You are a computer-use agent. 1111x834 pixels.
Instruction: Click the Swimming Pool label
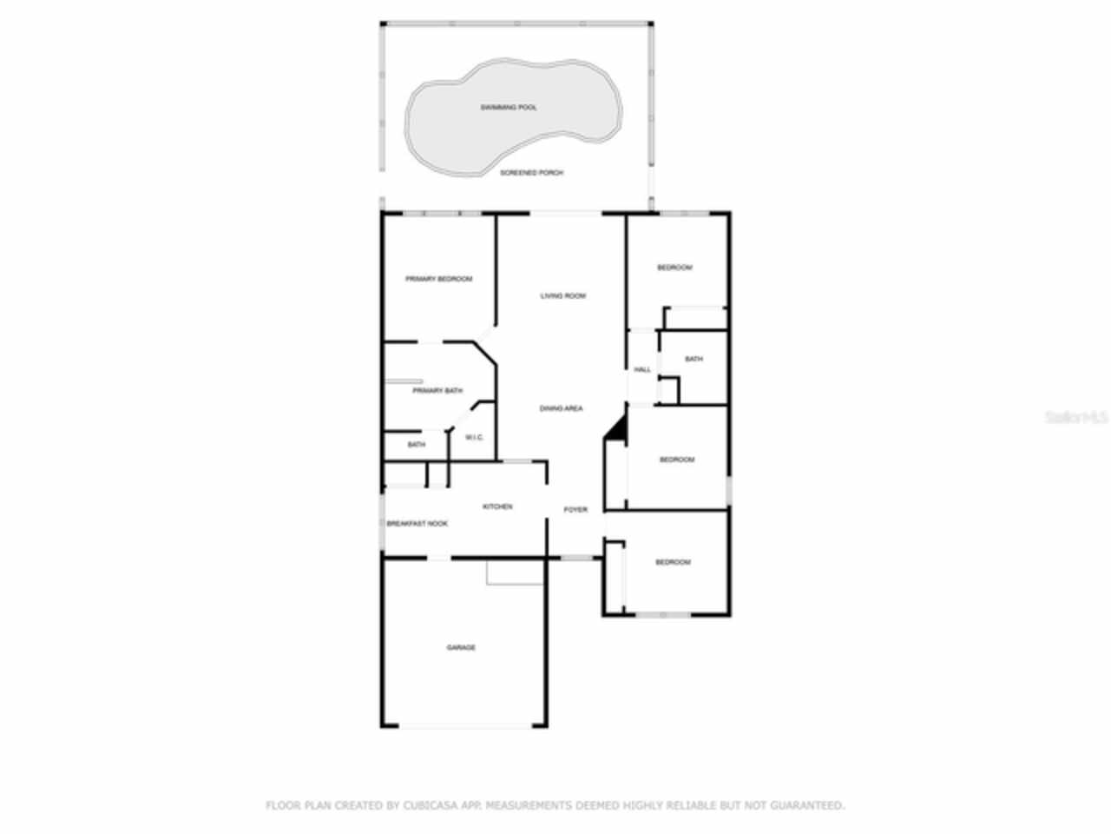tap(509, 108)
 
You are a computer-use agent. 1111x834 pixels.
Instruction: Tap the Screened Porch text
tap(532, 173)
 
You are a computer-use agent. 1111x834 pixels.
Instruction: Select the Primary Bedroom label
tap(439, 279)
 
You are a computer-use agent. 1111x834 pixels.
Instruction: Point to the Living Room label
tap(563, 296)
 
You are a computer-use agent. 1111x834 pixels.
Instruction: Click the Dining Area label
tap(562, 408)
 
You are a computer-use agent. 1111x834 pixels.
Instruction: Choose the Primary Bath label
tap(437, 391)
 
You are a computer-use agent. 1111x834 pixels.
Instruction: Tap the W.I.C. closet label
tap(474, 437)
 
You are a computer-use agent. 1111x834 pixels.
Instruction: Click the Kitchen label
tap(497, 506)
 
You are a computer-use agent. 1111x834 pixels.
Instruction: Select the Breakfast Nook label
tap(417, 524)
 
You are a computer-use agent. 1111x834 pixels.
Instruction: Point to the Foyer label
tap(575, 510)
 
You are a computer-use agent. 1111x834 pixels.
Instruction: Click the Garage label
tap(461, 647)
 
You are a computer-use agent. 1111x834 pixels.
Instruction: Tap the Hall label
tap(642, 370)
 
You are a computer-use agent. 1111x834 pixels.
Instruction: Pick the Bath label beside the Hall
tap(694, 359)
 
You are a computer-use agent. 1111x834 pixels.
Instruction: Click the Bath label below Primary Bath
tap(417, 445)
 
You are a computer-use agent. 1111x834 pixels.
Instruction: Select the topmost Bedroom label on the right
tap(674, 268)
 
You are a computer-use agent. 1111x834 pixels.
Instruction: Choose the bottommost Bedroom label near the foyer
tap(673, 562)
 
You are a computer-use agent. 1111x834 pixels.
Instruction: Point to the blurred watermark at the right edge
tap(1076, 417)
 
